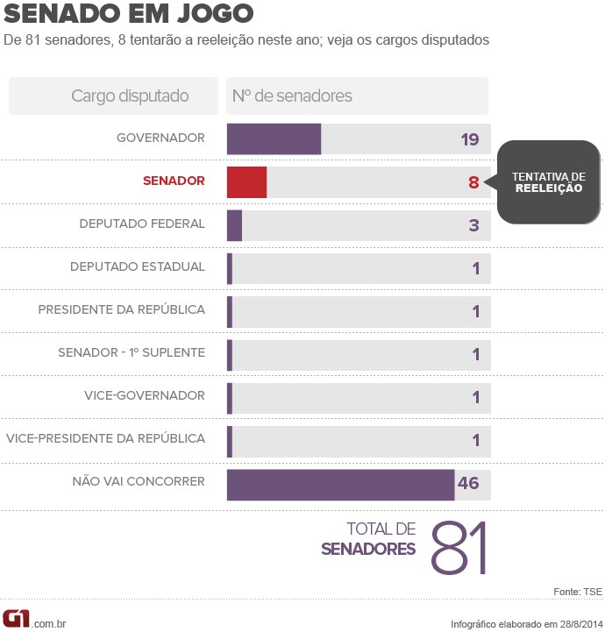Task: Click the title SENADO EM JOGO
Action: (x=130, y=15)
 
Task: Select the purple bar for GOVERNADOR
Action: (x=274, y=138)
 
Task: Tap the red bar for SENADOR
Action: (x=246, y=181)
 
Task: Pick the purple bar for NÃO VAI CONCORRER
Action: (x=340, y=484)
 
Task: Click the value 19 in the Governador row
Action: (x=469, y=139)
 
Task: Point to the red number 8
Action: (x=473, y=182)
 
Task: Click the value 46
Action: (x=468, y=484)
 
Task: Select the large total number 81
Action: (x=458, y=548)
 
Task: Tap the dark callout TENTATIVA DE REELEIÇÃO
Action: (x=549, y=182)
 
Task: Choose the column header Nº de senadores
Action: (x=292, y=96)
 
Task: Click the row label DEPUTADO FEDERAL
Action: (x=142, y=224)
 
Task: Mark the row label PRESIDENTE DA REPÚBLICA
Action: (x=122, y=310)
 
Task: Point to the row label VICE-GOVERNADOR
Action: (x=145, y=396)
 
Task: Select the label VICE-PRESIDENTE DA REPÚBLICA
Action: (x=106, y=439)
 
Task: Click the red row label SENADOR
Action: (x=174, y=181)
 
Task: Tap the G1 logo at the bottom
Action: (x=17, y=619)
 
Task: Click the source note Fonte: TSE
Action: (x=578, y=593)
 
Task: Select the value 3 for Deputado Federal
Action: (x=473, y=225)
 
